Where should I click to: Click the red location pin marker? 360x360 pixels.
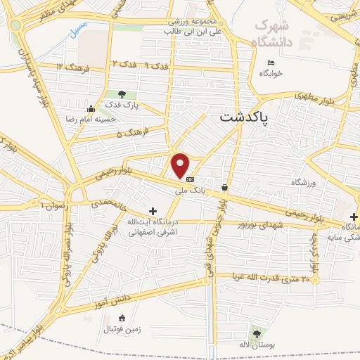click(181, 165)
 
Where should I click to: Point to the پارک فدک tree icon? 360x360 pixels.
click(122, 94)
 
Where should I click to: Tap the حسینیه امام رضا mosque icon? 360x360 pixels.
click(90, 108)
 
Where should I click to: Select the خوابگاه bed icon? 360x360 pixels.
click(271, 63)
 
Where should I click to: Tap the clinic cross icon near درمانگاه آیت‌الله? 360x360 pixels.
click(153, 210)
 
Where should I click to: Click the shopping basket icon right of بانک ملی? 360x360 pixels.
click(224, 188)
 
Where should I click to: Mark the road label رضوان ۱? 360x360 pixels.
click(53, 205)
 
